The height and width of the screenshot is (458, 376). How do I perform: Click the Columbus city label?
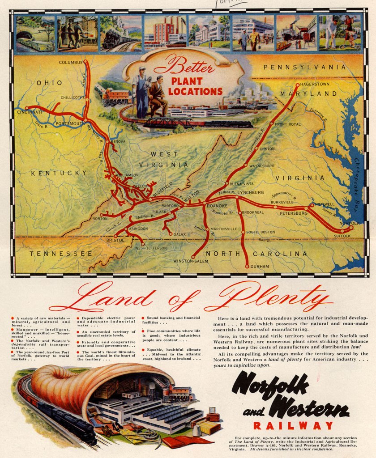[71, 62]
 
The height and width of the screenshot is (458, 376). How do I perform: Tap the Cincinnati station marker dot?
[27, 108]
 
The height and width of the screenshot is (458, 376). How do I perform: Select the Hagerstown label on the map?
[314, 84]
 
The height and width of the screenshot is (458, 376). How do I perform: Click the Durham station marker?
[247, 266]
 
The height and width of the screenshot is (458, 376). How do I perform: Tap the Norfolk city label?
[349, 223]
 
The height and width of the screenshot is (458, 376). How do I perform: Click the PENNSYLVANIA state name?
[305, 67]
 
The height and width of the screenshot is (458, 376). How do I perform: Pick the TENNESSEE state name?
[61, 254]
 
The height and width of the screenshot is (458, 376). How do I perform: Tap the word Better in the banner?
[184, 67]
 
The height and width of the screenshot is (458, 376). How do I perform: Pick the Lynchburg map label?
[250, 192]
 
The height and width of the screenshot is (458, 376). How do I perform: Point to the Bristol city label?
[115, 240]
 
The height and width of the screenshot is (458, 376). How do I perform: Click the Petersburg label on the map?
[294, 213]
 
